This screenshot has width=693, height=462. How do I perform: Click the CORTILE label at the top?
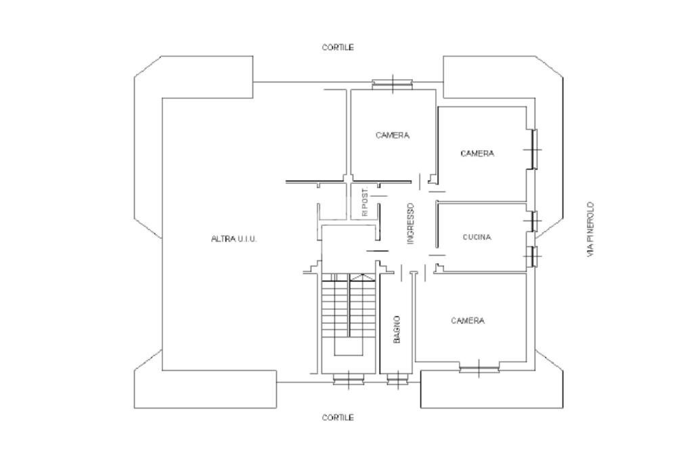[x=338, y=48]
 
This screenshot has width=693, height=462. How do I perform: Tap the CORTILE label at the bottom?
[x=338, y=418]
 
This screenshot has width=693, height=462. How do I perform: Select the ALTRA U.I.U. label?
[x=234, y=239]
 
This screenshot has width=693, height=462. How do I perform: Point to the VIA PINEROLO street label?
[x=590, y=229]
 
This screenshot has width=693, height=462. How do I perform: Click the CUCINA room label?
[x=476, y=237]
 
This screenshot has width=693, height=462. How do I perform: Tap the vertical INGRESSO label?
[x=410, y=224]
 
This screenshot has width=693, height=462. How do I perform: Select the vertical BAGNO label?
[x=397, y=329]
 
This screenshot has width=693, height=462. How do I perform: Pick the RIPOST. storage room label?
[x=365, y=202]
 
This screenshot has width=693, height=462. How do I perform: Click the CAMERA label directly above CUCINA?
[x=477, y=154]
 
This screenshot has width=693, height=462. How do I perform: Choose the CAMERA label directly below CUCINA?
[x=468, y=321]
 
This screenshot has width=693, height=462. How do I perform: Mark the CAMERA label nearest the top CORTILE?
[x=393, y=135]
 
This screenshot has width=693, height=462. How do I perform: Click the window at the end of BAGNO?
[x=397, y=379]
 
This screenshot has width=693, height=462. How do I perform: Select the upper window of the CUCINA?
[x=535, y=220]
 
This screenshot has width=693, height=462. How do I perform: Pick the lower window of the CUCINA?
[x=535, y=256]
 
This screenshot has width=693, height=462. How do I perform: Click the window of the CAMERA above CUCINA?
[x=535, y=148]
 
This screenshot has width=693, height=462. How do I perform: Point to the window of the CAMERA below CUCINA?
[x=479, y=369]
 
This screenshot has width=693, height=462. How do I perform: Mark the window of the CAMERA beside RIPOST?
[x=393, y=84]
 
